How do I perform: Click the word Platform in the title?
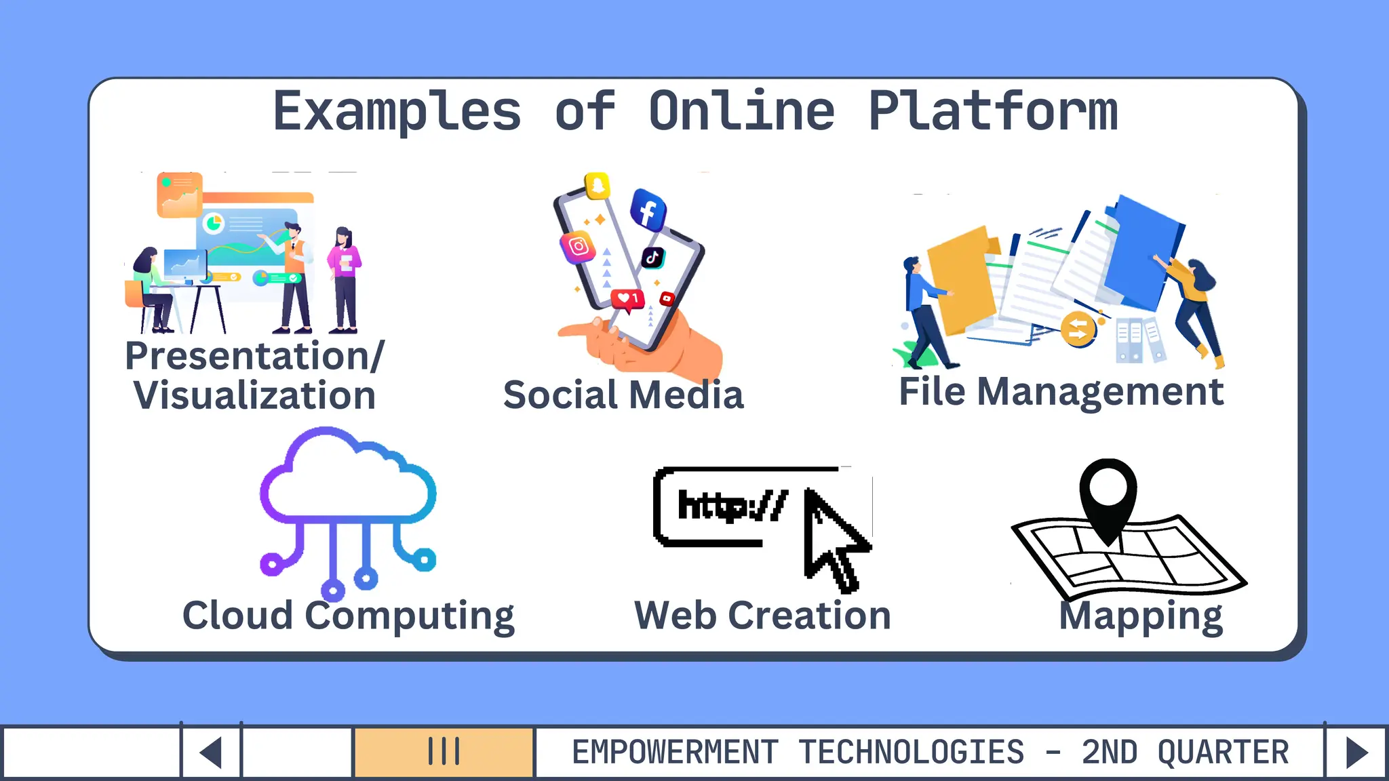coord(993,112)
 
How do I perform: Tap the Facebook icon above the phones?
coord(648,210)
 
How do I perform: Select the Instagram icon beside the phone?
coord(578,247)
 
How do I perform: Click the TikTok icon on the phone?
coord(652,258)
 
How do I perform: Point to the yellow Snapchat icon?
coord(598,186)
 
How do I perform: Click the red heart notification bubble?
coord(627,299)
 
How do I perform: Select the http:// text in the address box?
coord(732,506)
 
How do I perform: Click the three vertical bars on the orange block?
coord(444,751)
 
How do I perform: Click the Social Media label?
coord(623,395)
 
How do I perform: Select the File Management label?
coord(1061,392)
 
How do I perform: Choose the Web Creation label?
coord(762,616)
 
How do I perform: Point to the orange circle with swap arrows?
coord(1078,329)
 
